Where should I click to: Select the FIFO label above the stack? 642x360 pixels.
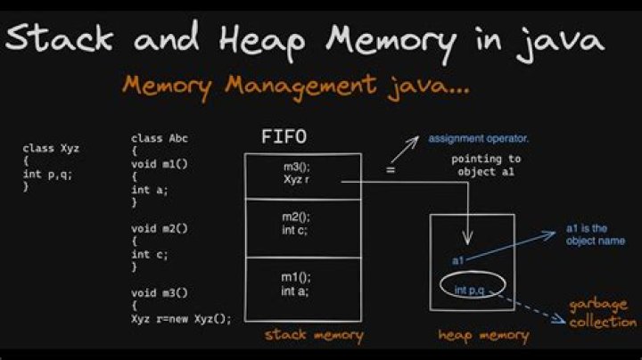(x=285, y=138)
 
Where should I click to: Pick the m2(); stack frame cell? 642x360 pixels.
(x=303, y=227)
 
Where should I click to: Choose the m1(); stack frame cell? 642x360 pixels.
(x=303, y=285)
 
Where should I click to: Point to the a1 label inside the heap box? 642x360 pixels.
(x=457, y=260)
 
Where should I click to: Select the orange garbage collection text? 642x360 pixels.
(x=604, y=313)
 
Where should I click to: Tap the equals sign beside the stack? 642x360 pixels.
(x=391, y=168)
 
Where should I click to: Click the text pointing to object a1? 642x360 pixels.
(x=486, y=165)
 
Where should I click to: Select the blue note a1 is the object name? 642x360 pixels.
(x=596, y=234)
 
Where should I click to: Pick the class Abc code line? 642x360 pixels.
(x=160, y=139)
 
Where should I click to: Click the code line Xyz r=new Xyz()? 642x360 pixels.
(x=181, y=319)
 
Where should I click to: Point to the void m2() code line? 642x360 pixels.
(x=160, y=228)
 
